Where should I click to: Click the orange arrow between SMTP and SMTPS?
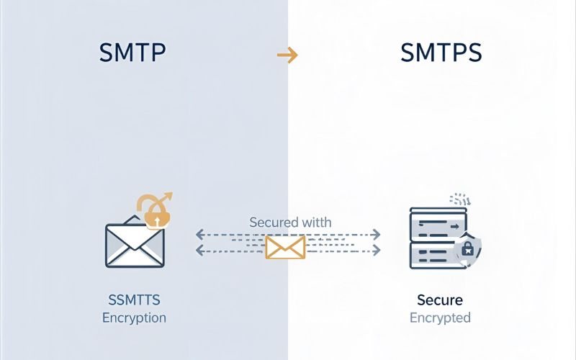(287, 56)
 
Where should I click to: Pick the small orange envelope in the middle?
(286, 246)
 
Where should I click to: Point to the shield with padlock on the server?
(467, 250)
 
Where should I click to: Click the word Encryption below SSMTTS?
(134, 318)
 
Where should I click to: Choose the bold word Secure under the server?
(440, 300)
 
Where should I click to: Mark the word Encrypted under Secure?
(440, 318)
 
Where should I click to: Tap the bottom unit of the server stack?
(432, 257)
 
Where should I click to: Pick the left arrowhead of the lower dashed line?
(199, 251)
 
